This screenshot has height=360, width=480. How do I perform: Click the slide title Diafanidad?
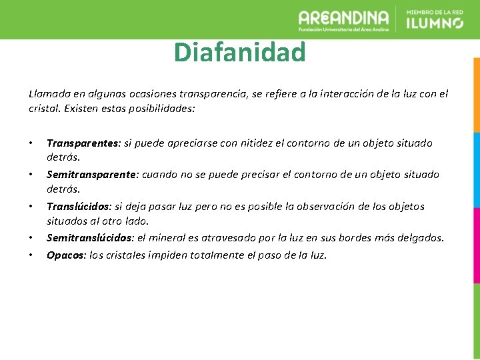pos(239,52)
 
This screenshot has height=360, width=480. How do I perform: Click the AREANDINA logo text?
pos(343,18)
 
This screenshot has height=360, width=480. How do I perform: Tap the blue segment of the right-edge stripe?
pos(476,170)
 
